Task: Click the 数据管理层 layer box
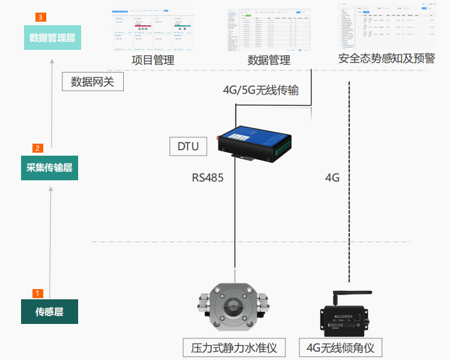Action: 52,38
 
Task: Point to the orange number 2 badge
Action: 37,148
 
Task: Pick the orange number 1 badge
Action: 37,293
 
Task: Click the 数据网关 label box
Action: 93,81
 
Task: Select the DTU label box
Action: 188,146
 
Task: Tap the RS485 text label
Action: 208,177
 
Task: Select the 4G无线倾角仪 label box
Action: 340,347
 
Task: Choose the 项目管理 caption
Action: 153,61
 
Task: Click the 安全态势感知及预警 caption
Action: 386,58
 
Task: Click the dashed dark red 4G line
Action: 350,180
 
